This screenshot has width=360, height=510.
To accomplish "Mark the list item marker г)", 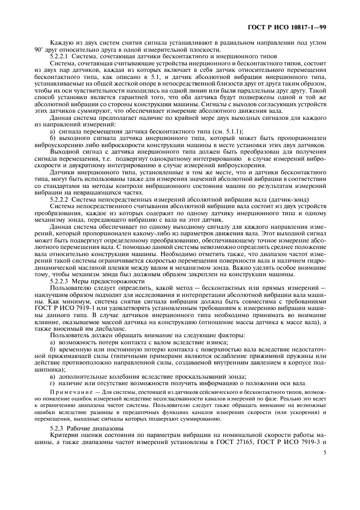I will click(x=52, y=383).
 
